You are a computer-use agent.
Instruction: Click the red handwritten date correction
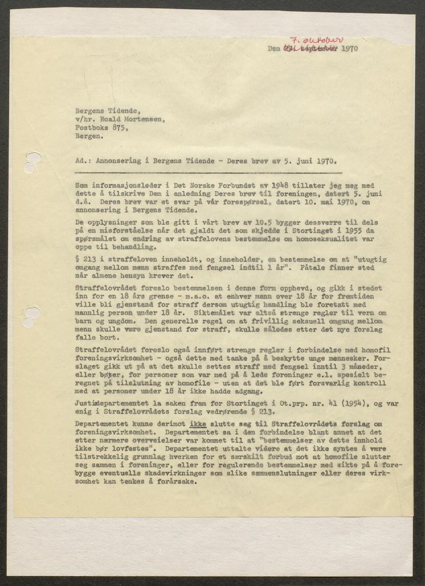pos(316,41)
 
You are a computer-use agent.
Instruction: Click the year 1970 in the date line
pos(348,49)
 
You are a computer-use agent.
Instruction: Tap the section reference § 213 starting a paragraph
pos(86,259)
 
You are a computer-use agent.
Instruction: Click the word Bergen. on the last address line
pos(90,137)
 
